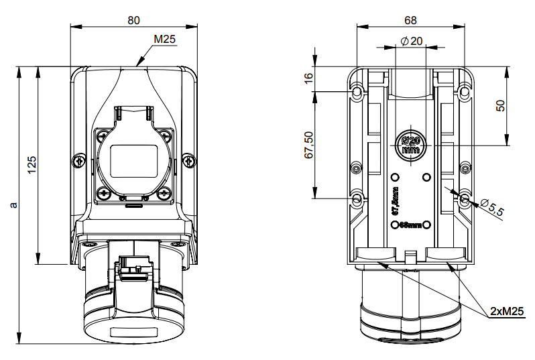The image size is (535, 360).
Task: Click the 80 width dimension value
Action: (x=134, y=20)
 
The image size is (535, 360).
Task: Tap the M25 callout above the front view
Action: (x=164, y=40)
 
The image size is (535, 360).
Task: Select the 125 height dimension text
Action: (x=32, y=165)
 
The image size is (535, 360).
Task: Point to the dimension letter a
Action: (x=13, y=203)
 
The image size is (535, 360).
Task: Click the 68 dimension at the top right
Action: (x=410, y=20)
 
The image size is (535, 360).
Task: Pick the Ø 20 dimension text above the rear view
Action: (x=411, y=41)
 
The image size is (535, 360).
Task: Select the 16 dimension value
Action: (x=308, y=78)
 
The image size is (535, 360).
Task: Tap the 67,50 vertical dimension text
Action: (x=308, y=145)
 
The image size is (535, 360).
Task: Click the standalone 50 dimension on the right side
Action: (x=499, y=105)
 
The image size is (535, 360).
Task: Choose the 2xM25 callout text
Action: (x=506, y=311)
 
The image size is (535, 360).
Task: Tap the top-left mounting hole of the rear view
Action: (x=357, y=91)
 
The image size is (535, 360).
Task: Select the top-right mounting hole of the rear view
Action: (x=464, y=91)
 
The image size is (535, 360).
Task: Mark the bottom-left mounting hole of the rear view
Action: (x=357, y=198)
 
